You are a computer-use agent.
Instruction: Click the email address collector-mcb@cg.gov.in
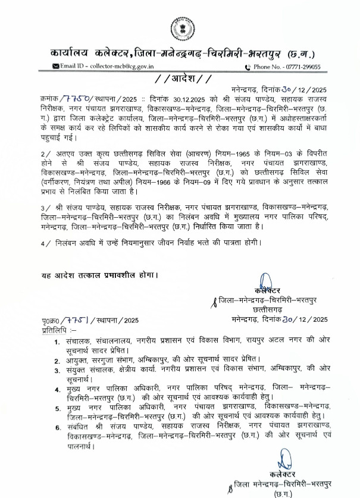[x=112, y=67]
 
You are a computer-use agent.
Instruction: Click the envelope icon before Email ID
[x=55, y=67]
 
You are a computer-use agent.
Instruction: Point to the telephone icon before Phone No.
[x=249, y=67]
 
